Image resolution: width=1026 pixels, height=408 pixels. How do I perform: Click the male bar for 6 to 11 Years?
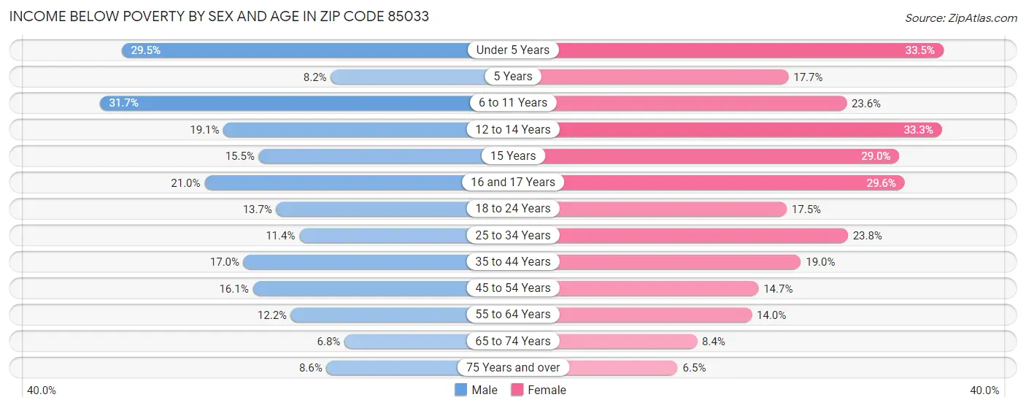[x=285, y=103]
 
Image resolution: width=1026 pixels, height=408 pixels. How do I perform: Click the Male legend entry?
[x=476, y=390]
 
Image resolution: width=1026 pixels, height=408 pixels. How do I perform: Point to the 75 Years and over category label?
[x=513, y=367]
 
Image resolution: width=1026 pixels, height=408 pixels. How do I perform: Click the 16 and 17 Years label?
[x=513, y=182]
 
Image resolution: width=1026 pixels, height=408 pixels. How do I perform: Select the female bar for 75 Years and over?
[x=620, y=367]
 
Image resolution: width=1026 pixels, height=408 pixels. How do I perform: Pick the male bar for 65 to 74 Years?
[x=409, y=341]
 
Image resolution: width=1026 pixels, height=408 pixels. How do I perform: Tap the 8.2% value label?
[x=313, y=77]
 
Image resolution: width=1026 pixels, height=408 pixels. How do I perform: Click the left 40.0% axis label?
[x=42, y=390]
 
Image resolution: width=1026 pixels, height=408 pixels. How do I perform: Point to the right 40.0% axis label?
[x=984, y=390]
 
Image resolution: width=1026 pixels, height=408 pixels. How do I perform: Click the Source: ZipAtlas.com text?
[x=961, y=17]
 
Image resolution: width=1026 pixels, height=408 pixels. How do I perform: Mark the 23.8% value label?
[x=866, y=235]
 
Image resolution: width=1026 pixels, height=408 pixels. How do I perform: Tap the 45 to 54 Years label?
[x=513, y=288]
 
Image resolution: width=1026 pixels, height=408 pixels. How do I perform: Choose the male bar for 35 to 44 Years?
[x=358, y=261]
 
